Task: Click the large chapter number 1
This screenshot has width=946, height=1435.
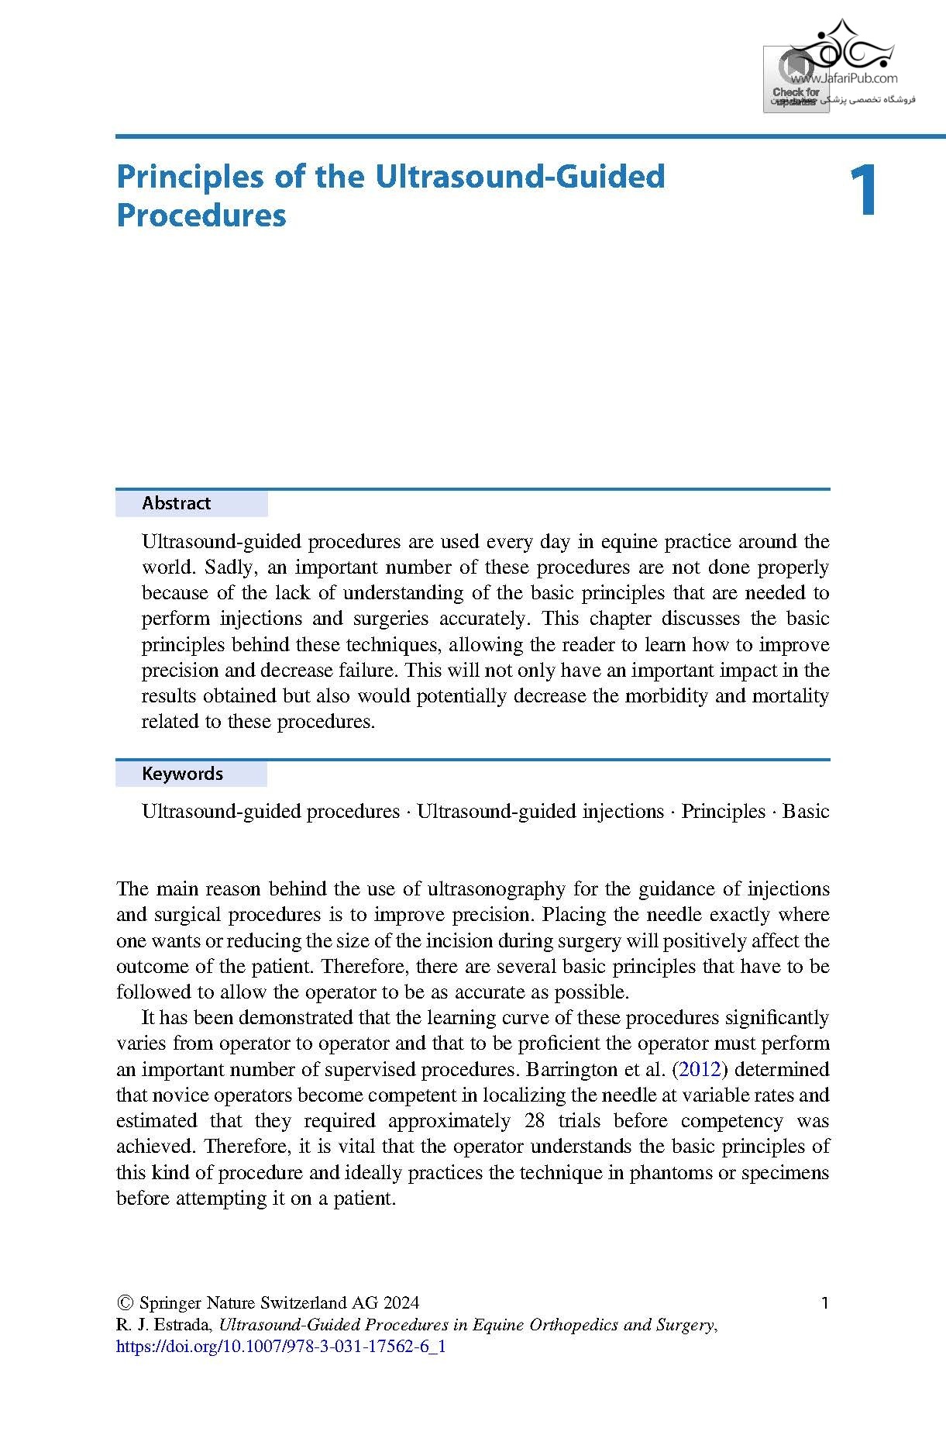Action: pyautogui.click(x=862, y=191)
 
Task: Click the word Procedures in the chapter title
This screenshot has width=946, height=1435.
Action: pyautogui.click(x=201, y=216)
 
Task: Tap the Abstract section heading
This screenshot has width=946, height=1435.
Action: pyautogui.click(x=176, y=503)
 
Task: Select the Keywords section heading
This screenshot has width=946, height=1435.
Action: pyautogui.click(x=182, y=774)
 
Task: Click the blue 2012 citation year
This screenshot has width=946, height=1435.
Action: pyautogui.click(x=700, y=1069)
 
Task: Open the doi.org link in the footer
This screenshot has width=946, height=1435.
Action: pyautogui.click(x=280, y=1346)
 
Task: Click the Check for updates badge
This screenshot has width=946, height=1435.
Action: pyautogui.click(x=795, y=80)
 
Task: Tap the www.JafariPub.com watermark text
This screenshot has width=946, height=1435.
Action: pyautogui.click(x=845, y=78)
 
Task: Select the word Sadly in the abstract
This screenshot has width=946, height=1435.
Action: pyautogui.click(x=229, y=567)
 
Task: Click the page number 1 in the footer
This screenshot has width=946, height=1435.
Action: pyautogui.click(x=824, y=1302)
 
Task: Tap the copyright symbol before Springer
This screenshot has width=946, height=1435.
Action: pyautogui.click(x=124, y=1303)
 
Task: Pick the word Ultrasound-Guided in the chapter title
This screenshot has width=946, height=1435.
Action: pyautogui.click(x=520, y=177)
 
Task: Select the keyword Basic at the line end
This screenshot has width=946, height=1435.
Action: pyautogui.click(x=806, y=811)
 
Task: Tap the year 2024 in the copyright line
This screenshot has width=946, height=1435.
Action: pyautogui.click(x=401, y=1303)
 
